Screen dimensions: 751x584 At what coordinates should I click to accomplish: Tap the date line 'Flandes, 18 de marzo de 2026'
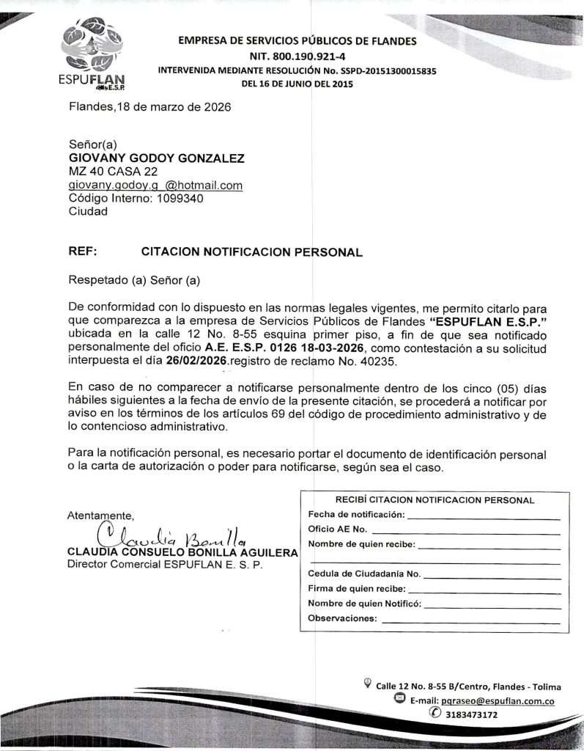(x=149, y=107)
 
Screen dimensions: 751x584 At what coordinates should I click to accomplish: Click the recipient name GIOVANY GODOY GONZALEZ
(x=156, y=158)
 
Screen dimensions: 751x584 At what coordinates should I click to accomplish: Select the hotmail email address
(x=155, y=186)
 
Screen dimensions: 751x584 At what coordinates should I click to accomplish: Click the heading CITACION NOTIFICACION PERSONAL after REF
(x=251, y=252)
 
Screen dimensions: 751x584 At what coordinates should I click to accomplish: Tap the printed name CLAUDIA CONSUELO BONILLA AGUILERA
(x=182, y=552)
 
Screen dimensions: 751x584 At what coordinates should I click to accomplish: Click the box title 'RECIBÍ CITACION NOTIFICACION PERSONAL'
(x=435, y=500)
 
